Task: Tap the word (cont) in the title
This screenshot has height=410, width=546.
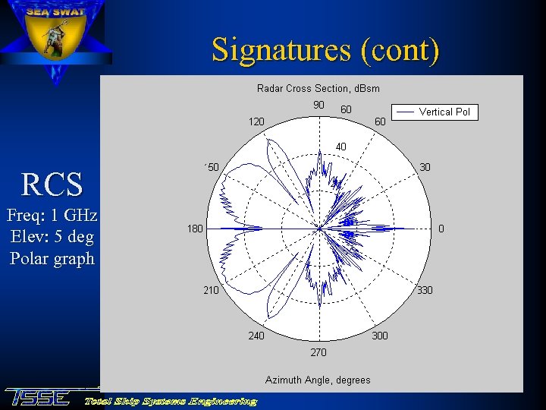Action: (400, 50)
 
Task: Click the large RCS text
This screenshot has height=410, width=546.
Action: (52, 184)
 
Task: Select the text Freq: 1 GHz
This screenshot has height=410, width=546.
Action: (52, 216)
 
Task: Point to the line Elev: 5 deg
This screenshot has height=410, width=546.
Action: (52, 237)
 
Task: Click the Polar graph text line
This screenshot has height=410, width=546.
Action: (52, 258)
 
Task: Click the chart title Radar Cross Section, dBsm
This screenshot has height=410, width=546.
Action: (318, 88)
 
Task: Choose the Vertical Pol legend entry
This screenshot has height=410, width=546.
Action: (444, 112)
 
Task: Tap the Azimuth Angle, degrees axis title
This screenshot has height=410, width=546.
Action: (318, 380)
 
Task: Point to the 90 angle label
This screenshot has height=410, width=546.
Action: (319, 105)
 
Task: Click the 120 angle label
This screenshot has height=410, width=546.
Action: (257, 121)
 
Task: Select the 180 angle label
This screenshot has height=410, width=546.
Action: (195, 229)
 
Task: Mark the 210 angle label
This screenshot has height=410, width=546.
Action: (210, 290)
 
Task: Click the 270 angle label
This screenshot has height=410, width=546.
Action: (318, 352)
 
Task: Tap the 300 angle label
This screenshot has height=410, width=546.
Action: (380, 336)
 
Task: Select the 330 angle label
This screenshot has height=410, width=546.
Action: (425, 291)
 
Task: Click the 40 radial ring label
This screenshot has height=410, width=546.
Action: (340, 147)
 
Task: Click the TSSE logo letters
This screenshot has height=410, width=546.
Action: (38, 397)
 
